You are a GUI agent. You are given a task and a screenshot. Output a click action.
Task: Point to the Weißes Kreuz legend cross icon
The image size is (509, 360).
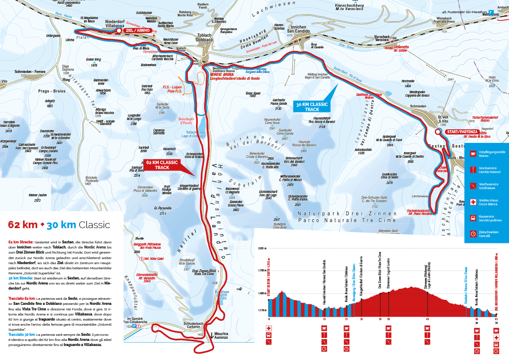tap(473, 202)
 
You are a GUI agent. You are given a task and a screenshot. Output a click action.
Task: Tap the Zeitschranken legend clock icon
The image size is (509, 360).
tap(473, 234)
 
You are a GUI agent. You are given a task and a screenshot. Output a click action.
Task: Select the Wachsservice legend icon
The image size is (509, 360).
tap(473, 186)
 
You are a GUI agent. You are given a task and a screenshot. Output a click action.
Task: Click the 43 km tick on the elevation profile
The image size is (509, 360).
tap(428, 319)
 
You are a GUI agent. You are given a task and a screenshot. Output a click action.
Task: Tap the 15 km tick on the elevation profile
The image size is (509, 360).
tap(324, 319)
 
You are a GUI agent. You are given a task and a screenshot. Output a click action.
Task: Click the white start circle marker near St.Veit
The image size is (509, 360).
tap(438, 132)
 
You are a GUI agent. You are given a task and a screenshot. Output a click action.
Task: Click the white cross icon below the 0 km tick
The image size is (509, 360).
tap(269, 328)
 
